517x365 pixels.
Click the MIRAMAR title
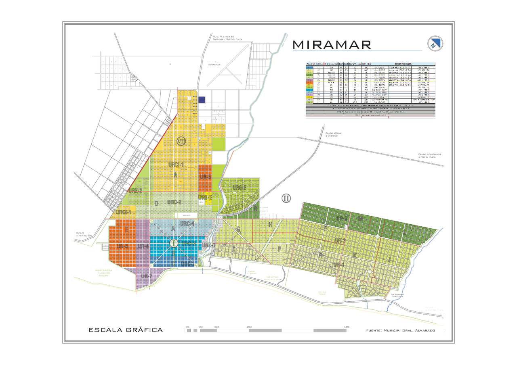(x=332, y=44)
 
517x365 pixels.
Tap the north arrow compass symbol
(x=435, y=44)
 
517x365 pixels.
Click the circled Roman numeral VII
(x=181, y=141)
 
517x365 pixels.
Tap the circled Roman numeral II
(x=286, y=198)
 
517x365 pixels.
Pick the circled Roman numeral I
(x=174, y=243)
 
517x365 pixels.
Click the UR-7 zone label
(x=146, y=276)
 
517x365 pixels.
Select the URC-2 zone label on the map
(x=174, y=202)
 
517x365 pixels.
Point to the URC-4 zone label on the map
(x=187, y=223)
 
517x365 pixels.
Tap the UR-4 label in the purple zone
(x=143, y=246)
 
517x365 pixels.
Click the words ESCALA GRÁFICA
(x=126, y=330)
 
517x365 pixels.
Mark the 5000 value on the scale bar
(x=347, y=327)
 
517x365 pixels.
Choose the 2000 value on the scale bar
(x=249, y=327)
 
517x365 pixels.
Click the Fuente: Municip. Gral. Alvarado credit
(x=401, y=330)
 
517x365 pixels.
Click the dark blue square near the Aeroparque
(x=202, y=100)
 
